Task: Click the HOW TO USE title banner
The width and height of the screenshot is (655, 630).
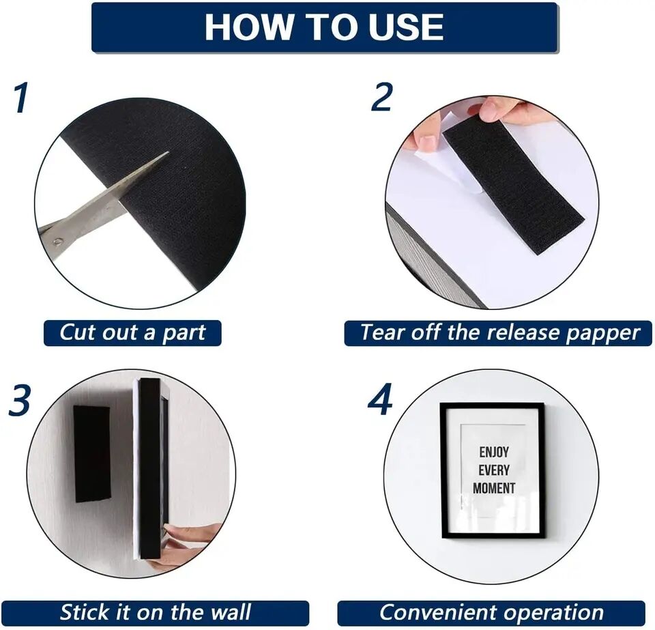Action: click(x=325, y=27)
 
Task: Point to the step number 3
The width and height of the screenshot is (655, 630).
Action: click(x=20, y=401)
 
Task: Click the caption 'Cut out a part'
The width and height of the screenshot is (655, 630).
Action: click(x=132, y=333)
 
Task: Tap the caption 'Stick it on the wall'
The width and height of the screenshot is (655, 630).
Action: click(x=155, y=612)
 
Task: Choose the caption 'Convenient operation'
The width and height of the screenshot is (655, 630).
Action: click(x=491, y=612)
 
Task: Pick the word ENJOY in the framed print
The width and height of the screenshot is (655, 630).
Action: click(x=493, y=453)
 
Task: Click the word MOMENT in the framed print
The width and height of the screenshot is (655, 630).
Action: click(x=494, y=488)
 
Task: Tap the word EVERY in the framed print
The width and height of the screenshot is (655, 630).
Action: click(x=493, y=470)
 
